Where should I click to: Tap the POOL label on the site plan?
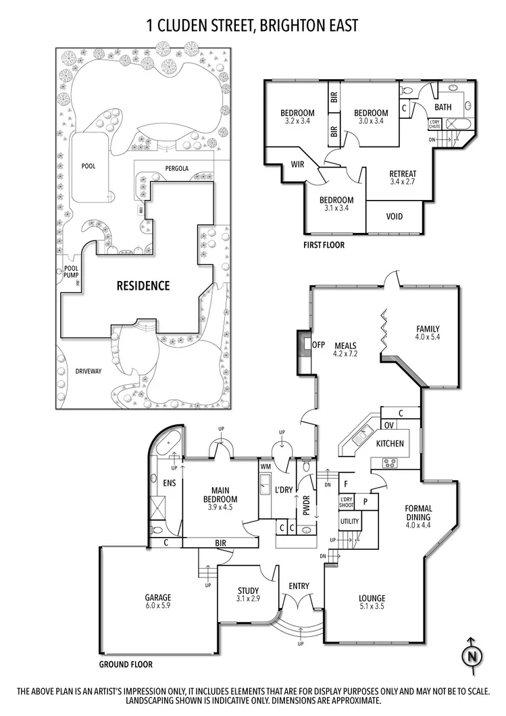[x=88, y=165]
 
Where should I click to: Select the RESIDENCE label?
[x=143, y=286]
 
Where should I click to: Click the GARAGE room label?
[x=157, y=598]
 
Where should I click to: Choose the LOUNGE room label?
[x=372, y=598]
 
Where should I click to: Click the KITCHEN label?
[x=390, y=444]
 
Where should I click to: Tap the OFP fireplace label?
[x=319, y=344]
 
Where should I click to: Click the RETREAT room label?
[x=403, y=173]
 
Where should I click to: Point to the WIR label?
[x=299, y=164]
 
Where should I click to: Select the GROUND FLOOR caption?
[x=126, y=664]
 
